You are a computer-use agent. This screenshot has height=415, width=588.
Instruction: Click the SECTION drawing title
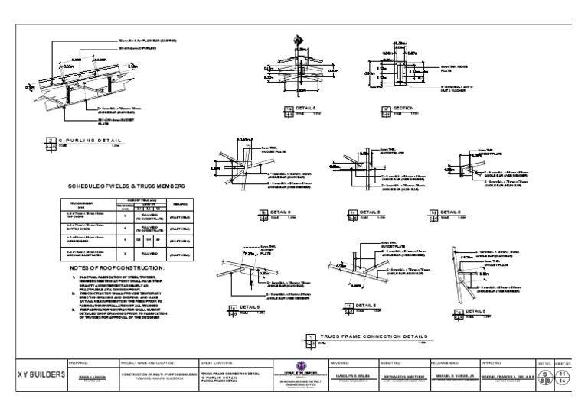(x=403, y=109)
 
